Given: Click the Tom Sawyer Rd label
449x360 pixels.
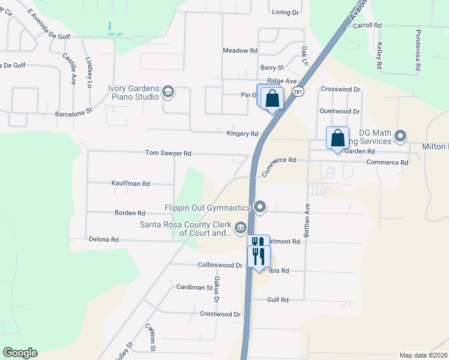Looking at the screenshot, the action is (x=168, y=154).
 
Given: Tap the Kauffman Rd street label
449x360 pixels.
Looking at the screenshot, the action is (x=130, y=184).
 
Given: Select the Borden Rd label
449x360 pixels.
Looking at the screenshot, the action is (x=130, y=213).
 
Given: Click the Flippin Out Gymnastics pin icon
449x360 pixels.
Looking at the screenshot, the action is (x=260, y=208).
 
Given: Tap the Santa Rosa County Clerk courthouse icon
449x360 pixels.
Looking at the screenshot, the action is (x=240, y=227).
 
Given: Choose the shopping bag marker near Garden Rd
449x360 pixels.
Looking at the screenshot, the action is (x=337, y=137).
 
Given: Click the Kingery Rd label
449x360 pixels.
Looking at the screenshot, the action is (x=242, y=134).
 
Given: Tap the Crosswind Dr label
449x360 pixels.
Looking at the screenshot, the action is (x=340, y=89).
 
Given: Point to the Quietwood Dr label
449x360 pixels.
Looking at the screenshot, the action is (x=339, y=112).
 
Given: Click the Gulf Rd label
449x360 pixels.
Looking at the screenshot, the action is (x=277, y=300).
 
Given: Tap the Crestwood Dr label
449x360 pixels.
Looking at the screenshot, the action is (x=220, y=314).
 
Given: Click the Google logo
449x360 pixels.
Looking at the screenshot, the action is (x=20, y=353).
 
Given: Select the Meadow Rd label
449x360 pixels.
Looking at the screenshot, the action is (x=240, y=51).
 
